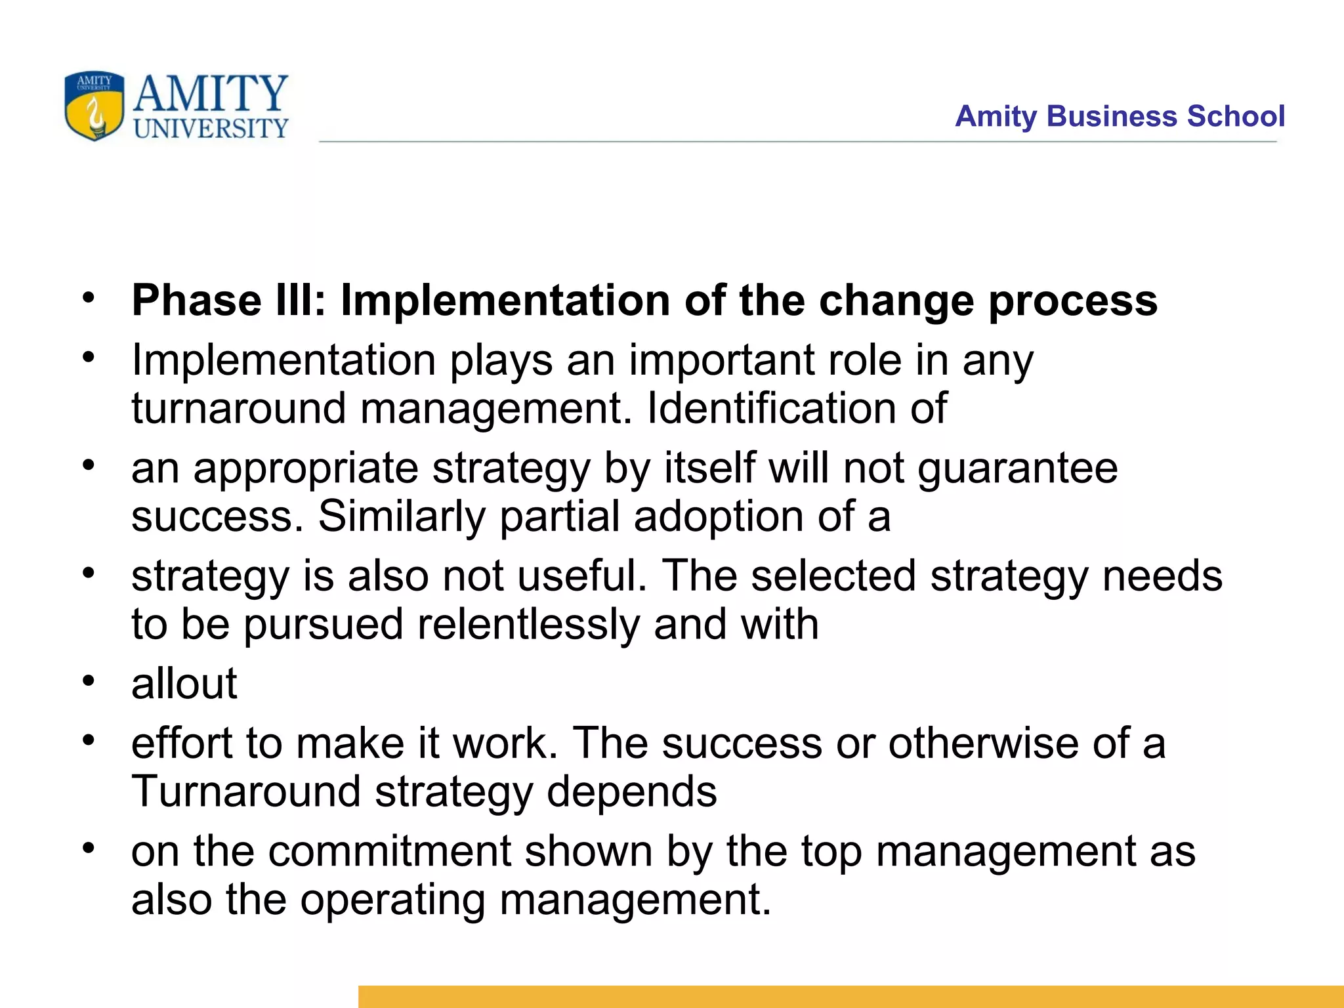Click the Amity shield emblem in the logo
94,106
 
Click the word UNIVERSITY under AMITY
211,128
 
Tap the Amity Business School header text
1120,116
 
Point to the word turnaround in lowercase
238,408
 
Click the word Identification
770,408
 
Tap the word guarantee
1017,469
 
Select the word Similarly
402,516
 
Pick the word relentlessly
527,624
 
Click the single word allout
184,684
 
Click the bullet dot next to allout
89,680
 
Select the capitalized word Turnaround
246,791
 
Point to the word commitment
389,851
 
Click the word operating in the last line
392,900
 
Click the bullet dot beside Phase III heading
89,297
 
